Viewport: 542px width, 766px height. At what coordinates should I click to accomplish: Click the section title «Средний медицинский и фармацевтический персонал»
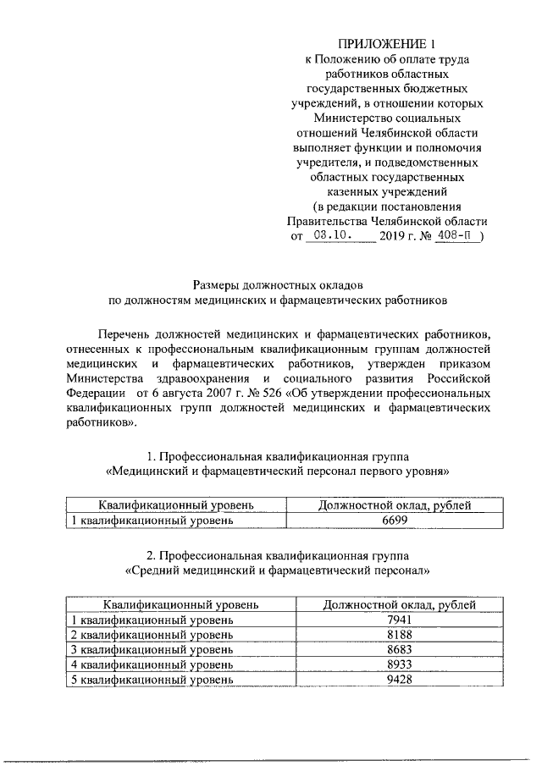[278, 570]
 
